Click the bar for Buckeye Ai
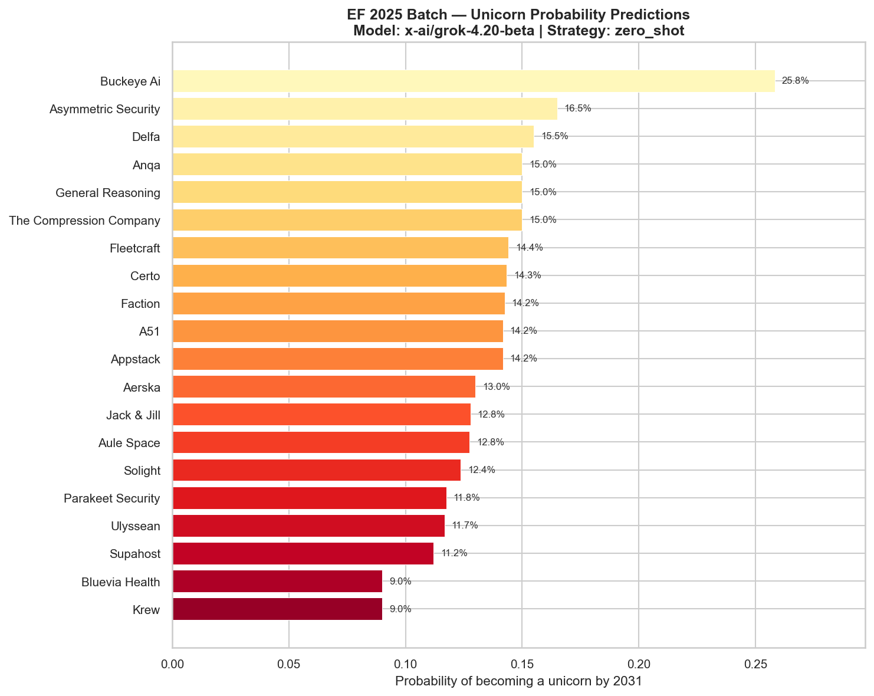473,81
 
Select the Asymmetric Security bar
364,109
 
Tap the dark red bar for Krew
277,609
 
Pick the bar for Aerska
324,387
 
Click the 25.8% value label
795,81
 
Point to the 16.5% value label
577,109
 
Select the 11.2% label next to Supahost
454,553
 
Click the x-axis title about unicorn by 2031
518,682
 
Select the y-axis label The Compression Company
85,221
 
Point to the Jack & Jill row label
133,415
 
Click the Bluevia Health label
121,582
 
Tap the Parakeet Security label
112,499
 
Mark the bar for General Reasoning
347,192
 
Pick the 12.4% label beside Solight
481,470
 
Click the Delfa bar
353,136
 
